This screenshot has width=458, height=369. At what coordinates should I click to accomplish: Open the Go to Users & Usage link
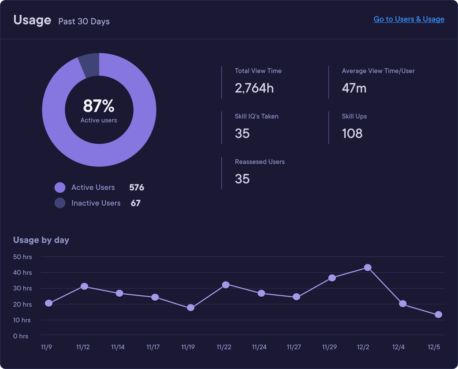point(409,19)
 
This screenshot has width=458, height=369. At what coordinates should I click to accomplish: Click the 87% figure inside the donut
point(99,106)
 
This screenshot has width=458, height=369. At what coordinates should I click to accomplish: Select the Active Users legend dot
point(60,187)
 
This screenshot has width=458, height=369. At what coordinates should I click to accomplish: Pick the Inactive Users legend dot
point(60,203)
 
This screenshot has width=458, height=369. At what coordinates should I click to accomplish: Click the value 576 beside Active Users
point(137,187)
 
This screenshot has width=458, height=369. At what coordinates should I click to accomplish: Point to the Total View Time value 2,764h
point(254,88)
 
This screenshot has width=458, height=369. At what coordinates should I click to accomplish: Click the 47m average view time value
point(354,88)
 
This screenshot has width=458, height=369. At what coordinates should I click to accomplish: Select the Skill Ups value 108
point(352,134)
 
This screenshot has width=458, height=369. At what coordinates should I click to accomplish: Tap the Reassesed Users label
point(260,162)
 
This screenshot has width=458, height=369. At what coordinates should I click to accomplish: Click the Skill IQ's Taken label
point(257,116)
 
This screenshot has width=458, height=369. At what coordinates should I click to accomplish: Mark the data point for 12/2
point(367,268)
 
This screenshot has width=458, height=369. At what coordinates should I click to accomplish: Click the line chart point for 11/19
point(191,308)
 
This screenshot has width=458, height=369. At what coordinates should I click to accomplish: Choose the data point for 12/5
point(438,315)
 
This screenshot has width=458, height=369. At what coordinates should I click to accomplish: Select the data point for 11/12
point(84,286)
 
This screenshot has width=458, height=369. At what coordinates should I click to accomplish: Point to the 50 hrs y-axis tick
point(22,257)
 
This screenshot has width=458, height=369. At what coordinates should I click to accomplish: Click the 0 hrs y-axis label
point(21,336)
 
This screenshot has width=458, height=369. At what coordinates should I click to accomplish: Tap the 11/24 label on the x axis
point(259,347)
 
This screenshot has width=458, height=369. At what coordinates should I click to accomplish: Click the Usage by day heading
point(41,240)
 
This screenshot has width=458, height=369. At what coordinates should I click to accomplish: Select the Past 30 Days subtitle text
point(84,22)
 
